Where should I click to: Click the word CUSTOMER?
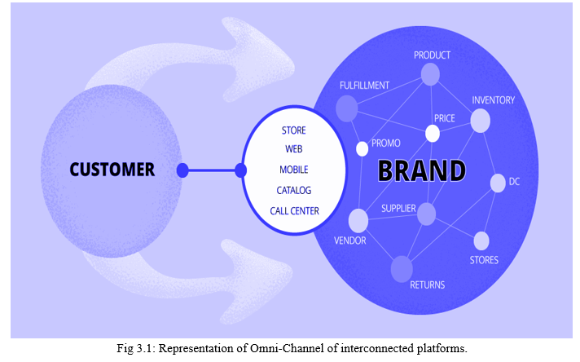tap(112, 170)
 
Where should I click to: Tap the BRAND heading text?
tap(422, 170)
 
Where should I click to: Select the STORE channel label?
tap(294, 130)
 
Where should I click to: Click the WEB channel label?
tap(294, 149)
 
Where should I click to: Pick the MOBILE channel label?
tap(294, 170)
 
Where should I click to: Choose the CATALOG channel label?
tap(294, 190)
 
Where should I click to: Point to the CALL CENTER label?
tap(294, 211)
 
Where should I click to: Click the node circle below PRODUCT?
tap(430, 74)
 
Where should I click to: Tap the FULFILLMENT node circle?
tap(346, 108)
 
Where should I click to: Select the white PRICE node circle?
tap(433, 134)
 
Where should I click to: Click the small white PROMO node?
tap(362, 149)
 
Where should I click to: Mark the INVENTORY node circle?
tap(480, 121)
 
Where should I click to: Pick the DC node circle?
tap(498, 183)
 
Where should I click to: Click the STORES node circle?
tap(481, 241)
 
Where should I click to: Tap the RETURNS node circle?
tap(402, 269)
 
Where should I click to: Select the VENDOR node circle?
tap(358, 221)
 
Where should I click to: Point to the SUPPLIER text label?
tap(398, 209)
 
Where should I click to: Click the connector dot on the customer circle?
tap(182, 170)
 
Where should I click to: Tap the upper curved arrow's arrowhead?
tap(259, 60)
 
